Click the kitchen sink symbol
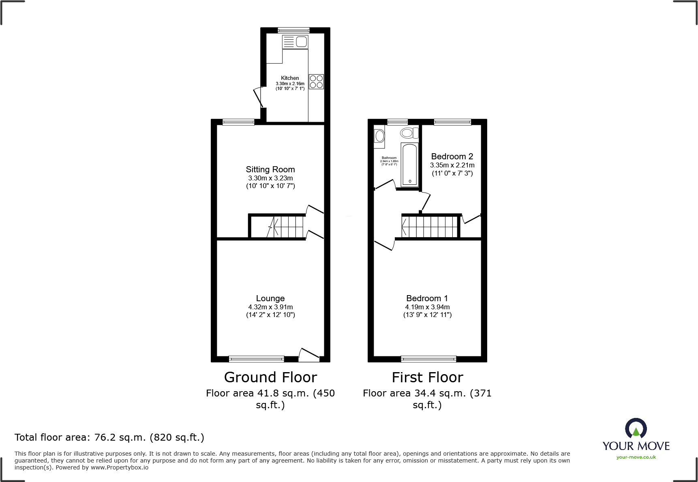(295, 42)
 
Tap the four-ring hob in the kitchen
(316, 81)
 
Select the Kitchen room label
(290, 78)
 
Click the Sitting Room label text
(270, 169)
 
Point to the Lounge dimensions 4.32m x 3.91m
(270, 307)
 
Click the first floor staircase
(430, 227)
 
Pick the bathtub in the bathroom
(409, 165)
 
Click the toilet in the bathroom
(409, 133)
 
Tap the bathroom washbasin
(380, 136)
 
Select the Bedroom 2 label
(452, 156)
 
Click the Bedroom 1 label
(427, 298)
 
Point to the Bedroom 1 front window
(428, 359)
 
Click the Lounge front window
(257, 359)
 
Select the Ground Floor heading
(270, 377)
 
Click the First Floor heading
(427, 377)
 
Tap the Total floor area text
(109, 437)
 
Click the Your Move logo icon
(636, 429)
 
